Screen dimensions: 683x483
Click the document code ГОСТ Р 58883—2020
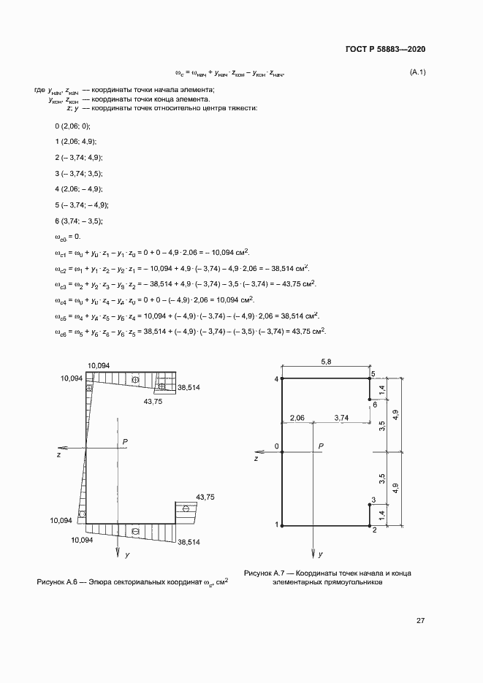[x=384, y=49]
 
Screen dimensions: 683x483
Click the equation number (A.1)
[x=418, y=72]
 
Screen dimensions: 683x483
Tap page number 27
[x=420, y=621]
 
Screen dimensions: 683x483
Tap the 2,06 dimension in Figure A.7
[x=297, y=418]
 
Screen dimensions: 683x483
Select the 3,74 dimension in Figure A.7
[x=341, y=418]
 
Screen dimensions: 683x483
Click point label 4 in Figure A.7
[x=276, y=380]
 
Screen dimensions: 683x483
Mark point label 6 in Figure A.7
[x=374, y=404]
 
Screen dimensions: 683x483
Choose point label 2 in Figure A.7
[x=374, y=530]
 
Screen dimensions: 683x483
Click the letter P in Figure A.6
[x=126, y=441]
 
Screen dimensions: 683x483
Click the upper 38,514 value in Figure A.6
[x=189, y=387]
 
